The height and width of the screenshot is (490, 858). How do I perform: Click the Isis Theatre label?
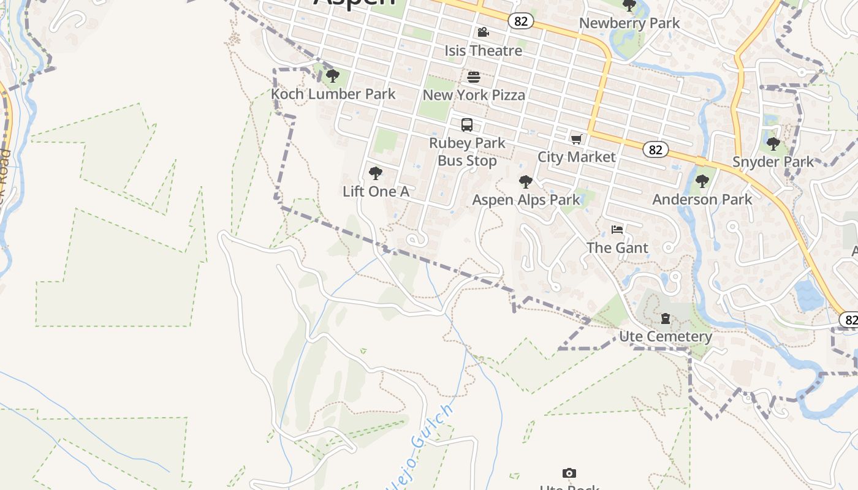(x=483, y=50)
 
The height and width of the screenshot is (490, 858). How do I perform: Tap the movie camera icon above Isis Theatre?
(x=483, y=32)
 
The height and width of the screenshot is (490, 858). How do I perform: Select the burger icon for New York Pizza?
(x=474, y=77)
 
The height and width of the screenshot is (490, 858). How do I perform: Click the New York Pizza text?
(x=474, y=95)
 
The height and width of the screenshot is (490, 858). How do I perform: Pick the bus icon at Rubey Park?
(x=467, y=125)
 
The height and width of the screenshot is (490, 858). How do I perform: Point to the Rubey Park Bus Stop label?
(x=467, y=151)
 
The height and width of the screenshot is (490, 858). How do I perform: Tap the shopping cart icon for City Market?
(x=576, y=140)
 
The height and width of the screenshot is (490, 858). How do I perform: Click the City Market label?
(x=576, y=157)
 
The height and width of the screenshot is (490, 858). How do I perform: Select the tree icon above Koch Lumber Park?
(x=333, y=76)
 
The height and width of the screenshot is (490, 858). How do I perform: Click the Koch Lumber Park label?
(x=333, y=94)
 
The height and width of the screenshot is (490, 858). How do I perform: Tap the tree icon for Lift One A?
(x=376, y=173)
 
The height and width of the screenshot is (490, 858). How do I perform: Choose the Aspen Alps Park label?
(x=526, y=200)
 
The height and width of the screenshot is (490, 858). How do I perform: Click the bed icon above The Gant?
(x=617, y=230)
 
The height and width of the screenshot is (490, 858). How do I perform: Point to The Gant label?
(x=617, y=247)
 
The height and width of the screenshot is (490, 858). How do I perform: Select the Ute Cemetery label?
(x=666, y=336)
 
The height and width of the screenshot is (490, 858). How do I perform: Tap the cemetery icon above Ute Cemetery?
(x=666, y=318)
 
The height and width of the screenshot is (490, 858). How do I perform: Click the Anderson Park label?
(x=702, y=199)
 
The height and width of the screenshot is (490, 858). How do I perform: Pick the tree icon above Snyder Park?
(x=773, y=144)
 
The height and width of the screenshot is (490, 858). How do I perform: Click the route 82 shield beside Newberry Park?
(x=521, y=21)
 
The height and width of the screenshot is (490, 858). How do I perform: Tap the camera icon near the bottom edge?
(x=569, y=473)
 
